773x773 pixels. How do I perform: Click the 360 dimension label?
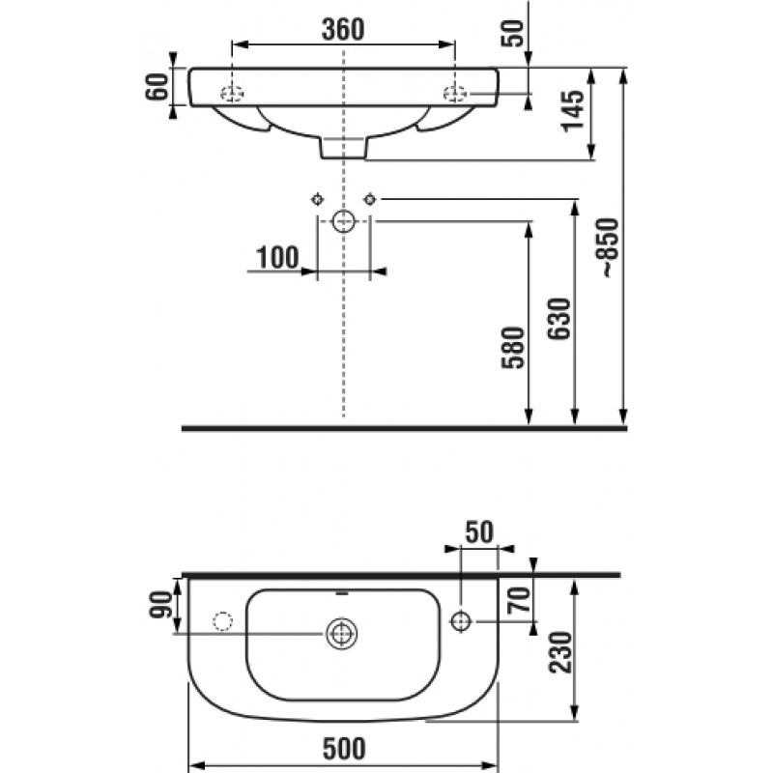click(343, 29)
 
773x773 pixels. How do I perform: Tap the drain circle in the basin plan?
click(341, 634)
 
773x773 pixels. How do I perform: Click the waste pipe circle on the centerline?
click(343, 221)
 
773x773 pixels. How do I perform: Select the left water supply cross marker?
click(317, 199)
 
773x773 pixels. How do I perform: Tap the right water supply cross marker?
click(369, 199)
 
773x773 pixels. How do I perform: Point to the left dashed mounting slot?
click(232, 93)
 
